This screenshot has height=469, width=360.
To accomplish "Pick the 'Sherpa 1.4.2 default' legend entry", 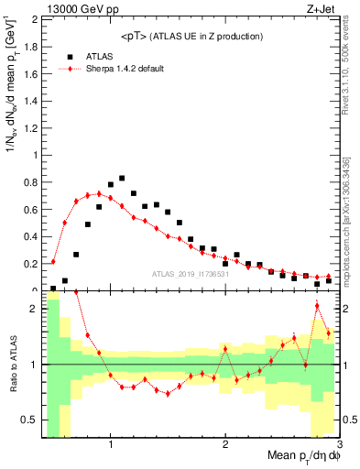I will (126, 69).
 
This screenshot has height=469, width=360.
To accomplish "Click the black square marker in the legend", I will (67, 56).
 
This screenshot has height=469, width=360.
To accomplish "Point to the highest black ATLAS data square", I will (122, 179).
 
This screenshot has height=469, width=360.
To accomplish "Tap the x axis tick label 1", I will (111, 444).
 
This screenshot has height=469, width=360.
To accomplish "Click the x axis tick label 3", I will (338, 444).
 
